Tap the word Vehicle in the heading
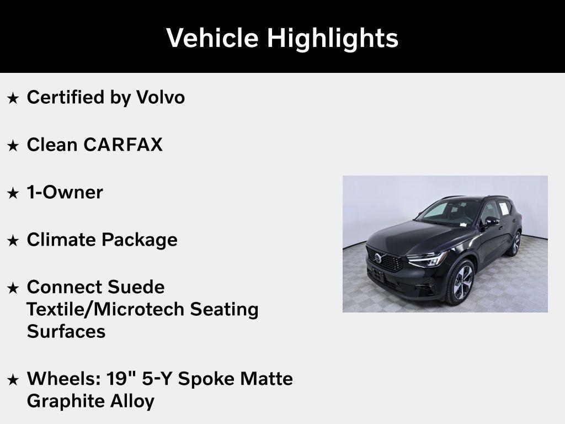212,38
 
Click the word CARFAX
123,145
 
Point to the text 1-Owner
65,192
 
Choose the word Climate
61,240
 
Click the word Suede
136,287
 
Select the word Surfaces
66,331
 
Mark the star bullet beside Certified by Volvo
13,98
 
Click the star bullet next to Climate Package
13,241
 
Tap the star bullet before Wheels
13,380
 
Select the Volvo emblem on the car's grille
379,258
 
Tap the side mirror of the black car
491,221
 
